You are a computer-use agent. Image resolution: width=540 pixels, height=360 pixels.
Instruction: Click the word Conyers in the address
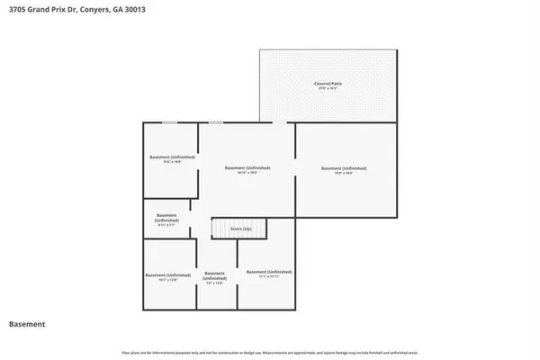[x=96, y=9]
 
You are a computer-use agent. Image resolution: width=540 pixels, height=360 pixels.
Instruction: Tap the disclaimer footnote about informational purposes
[x=270, y=352]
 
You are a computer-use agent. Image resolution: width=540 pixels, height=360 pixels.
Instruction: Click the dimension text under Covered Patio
[x=328, y=88]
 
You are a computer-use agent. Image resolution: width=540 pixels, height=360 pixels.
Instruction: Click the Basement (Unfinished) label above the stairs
[x=247, y=168]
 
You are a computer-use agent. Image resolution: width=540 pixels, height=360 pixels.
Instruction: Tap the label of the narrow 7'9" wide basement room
[x=214, y=275]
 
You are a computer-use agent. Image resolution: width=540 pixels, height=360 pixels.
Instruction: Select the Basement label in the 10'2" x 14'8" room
[x=172, y=157]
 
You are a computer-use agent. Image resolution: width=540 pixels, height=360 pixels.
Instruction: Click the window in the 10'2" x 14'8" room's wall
[x=168, y=122]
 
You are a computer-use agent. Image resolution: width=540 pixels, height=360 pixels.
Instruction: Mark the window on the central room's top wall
[x=216, y=122]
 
